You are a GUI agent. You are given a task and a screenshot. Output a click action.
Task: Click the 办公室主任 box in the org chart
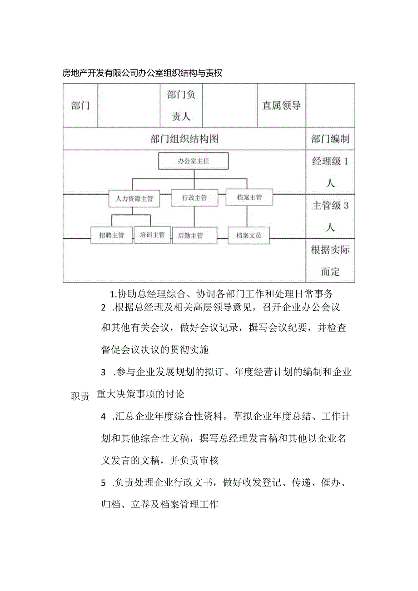click(193, 161)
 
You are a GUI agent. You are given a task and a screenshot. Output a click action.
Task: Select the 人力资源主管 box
click(134, 199)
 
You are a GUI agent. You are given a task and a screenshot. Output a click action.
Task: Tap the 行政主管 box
click(194, 198)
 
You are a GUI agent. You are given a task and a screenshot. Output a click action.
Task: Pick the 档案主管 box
click(249, 197)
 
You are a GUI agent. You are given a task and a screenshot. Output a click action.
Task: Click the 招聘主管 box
click(111, 235)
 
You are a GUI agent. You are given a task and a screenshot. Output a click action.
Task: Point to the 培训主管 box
click(152, 234)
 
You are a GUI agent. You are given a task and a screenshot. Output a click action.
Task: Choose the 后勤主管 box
click(190, 235)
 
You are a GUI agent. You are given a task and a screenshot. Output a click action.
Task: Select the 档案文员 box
click(249, 235)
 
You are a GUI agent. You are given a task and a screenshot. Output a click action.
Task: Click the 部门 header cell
click(80, 106)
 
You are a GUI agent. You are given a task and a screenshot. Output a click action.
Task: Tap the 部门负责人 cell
click(181, 105)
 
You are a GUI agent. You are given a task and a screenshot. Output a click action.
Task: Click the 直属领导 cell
click(281, 105)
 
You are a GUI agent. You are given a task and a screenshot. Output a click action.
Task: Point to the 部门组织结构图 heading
click(184, 139)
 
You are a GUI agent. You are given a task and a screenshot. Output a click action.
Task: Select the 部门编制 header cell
click(330, 139)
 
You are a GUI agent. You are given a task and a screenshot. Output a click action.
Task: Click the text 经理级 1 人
click(330, 172)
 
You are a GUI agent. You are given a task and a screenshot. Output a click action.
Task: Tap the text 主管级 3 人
click(330, 216)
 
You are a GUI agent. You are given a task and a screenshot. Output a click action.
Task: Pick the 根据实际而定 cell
click(330, 261)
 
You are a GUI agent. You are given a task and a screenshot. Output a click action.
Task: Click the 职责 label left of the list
click(80, 396)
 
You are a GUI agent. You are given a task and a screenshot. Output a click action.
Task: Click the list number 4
click(103, 416)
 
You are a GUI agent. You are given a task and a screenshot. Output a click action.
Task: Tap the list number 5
click(103, 482)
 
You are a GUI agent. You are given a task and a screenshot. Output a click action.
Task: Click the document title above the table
click(142, 73)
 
